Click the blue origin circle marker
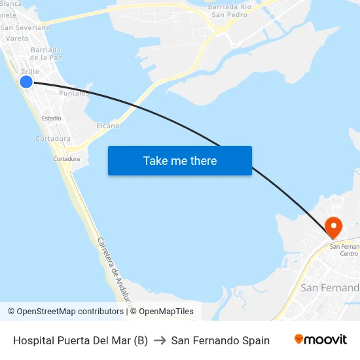[26, 81]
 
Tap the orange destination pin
[334, 228]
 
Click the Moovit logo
[321, 340]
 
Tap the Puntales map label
[74, 94]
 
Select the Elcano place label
[108, 126]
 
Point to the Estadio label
[52, 118]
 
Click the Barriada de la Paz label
[46, 54]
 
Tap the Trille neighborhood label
[30, 71]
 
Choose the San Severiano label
[25, 28]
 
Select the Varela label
[16, 39]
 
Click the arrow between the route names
[160, 340]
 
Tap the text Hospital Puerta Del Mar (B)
[81, 340]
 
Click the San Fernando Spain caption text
[221, 340]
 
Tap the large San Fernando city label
[330, 288]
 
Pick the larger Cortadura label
[53, 139]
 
